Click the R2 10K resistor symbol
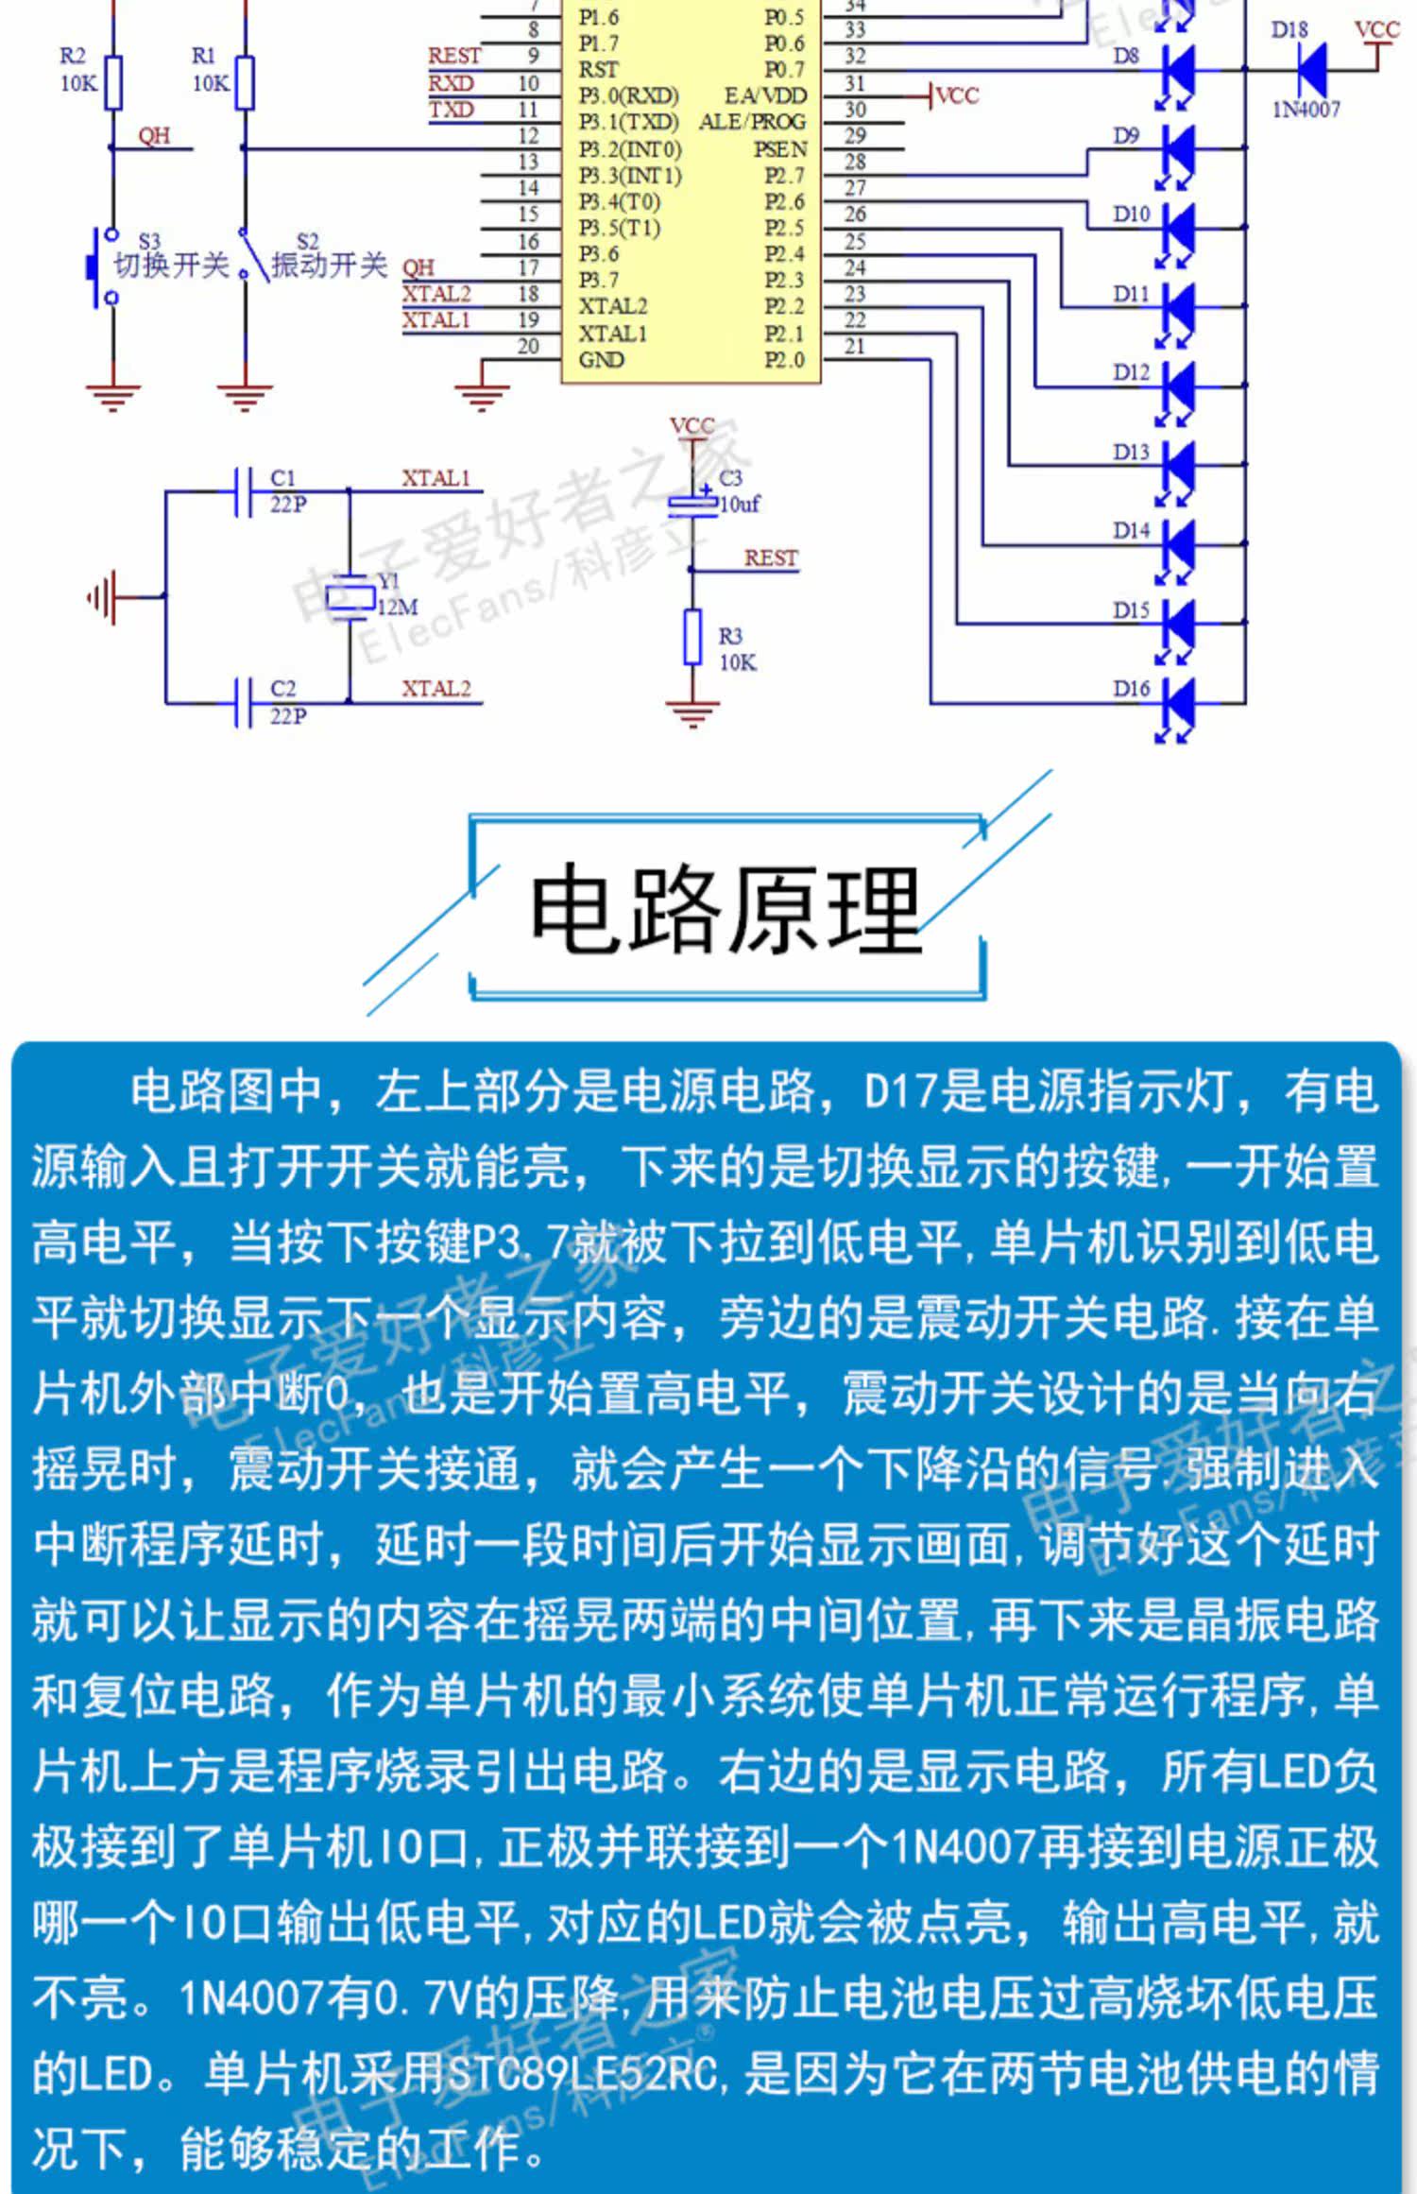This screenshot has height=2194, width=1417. click(x=113, y=83)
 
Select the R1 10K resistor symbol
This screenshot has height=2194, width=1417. click(x=245, y=83)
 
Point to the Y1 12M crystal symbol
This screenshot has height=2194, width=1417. click(x=350, y=597)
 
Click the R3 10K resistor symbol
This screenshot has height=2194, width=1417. click(x=692, y=637)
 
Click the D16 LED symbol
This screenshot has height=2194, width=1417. click(x=1177, y=703)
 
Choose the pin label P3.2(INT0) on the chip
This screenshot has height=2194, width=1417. click(x=629, y=149)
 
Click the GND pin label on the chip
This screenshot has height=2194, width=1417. click(x=601, y=360)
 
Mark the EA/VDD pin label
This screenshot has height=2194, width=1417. click(x=765, y=96)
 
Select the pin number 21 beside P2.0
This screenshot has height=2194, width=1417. click(x=854, y=347)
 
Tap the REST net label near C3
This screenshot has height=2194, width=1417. click(x=770, y=558)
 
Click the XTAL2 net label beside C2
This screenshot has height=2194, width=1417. click(x=435, y=689)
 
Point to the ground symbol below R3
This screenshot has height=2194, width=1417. click(x=692, y=712)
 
